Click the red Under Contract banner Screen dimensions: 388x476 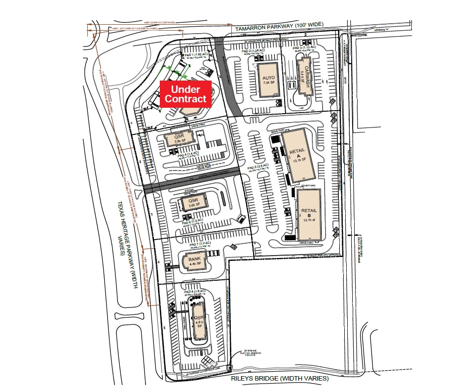(x=185, y=94)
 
